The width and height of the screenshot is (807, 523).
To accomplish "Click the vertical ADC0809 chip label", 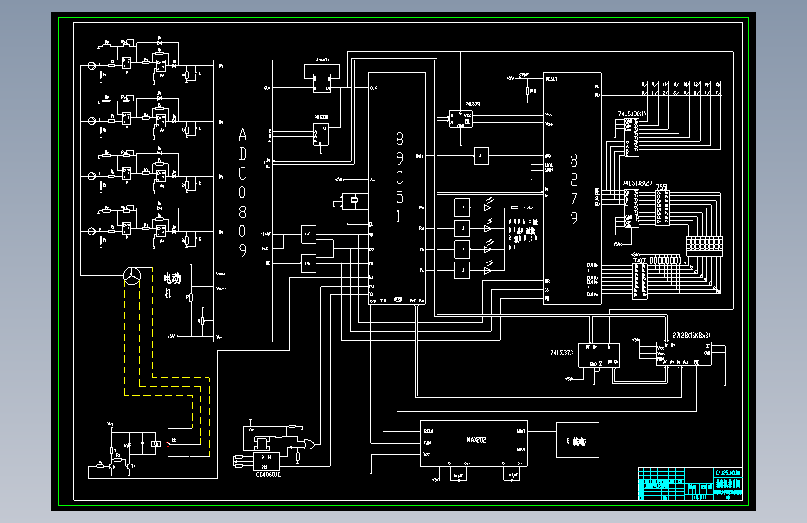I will click(243, 191).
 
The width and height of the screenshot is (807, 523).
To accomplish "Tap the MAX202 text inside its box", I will click(477, 440).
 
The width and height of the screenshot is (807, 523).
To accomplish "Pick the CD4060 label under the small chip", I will click(268, 473).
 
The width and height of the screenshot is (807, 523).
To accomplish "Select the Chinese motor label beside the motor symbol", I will click(172, 278).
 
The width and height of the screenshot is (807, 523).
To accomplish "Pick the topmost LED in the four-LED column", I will click(488, 206).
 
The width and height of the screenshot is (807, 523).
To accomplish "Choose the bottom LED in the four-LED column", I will click(488, 271).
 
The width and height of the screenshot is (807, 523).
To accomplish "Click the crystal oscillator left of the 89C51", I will click(352, 199).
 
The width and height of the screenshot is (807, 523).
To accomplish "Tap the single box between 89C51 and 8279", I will click(481, 155).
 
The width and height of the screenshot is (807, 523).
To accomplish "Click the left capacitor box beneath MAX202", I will click(458, 475).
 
